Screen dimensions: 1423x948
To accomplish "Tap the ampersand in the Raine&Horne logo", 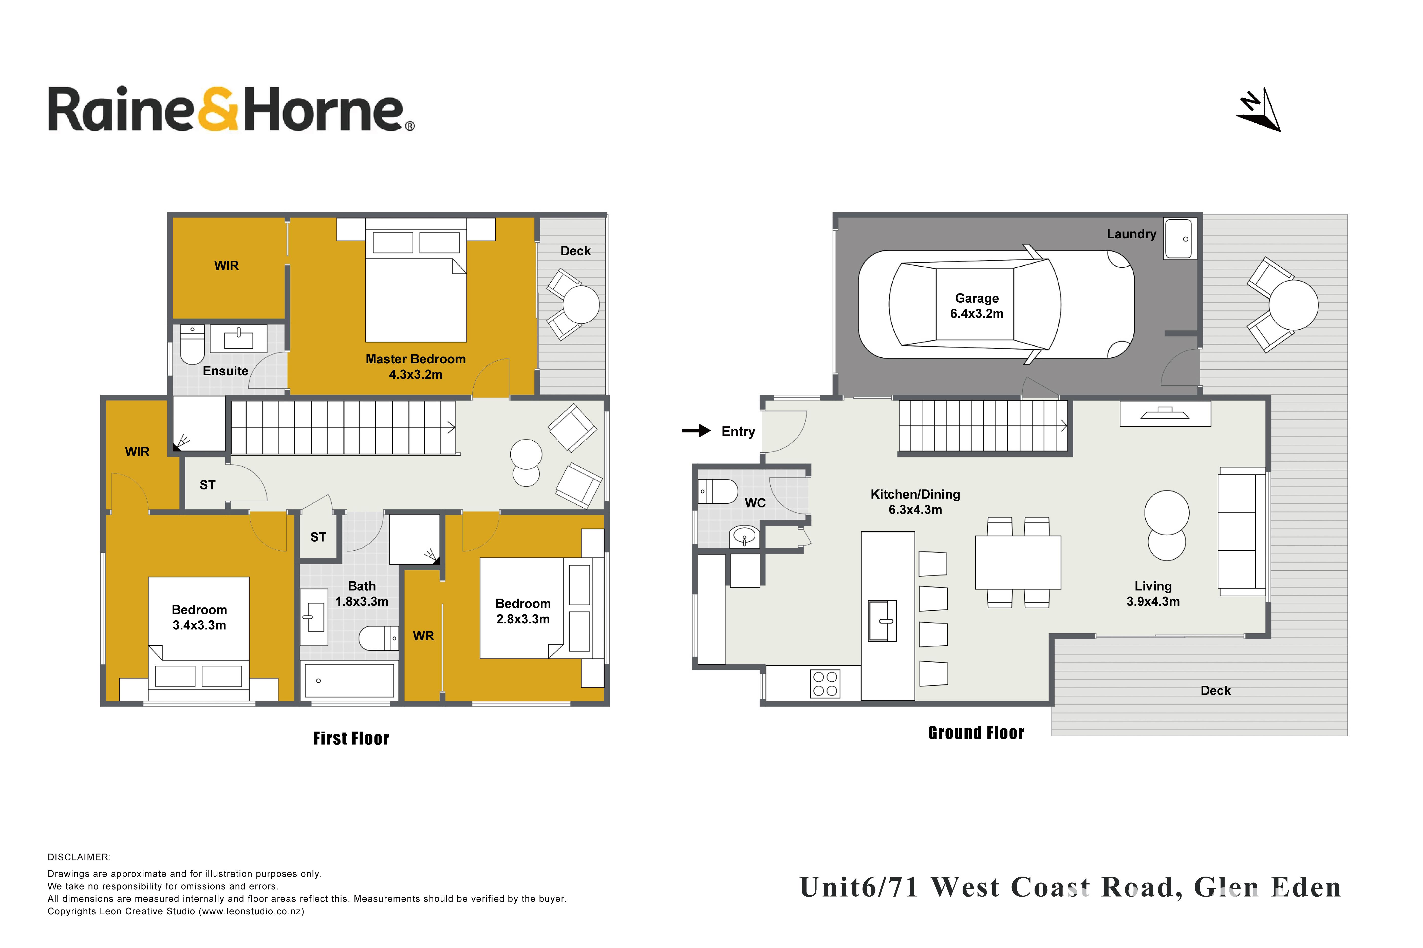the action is coord(217,109).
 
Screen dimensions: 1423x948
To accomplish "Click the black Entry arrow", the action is coord(696,430).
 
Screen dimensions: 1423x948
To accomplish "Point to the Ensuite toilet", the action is coord(192,345).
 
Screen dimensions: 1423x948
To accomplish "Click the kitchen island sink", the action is coord(882,620).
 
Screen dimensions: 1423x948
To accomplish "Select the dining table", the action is coord(1018,562).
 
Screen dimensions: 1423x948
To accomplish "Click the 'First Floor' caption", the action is coord(351,738).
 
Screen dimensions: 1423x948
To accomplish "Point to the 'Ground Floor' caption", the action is coord(976,733).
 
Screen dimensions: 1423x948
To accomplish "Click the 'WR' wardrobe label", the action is coord(423,636).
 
